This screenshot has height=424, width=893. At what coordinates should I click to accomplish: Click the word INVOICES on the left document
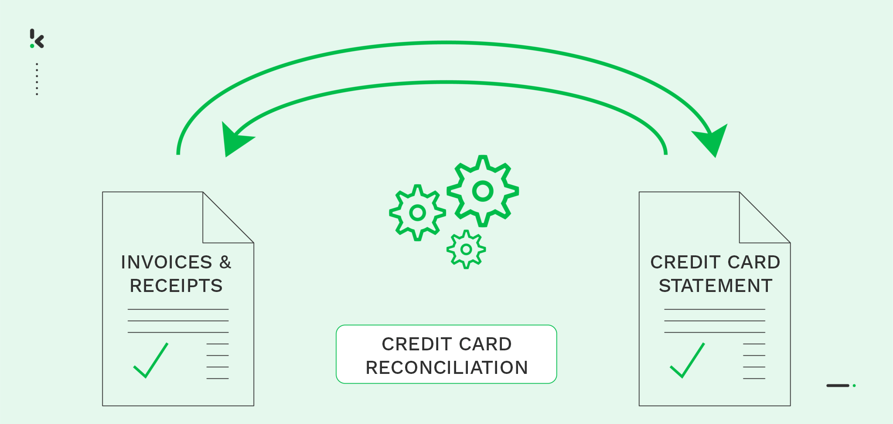tap(167, 262)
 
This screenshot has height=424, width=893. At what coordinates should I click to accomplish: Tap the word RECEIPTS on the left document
tap(176, 286)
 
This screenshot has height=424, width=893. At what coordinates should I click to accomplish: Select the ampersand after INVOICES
tap(225, 262)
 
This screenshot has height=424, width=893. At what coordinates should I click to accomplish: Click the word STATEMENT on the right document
tap(716, 286)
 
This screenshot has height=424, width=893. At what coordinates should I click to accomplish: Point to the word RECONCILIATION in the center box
tap(446, 367)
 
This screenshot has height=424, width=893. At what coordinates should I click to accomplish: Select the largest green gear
tap(483, 191)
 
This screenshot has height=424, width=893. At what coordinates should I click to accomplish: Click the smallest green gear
tap(466, 249)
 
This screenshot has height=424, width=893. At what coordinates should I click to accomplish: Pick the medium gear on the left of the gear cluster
tap(417, 213)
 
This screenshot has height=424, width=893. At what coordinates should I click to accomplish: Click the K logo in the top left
tap(37, 38)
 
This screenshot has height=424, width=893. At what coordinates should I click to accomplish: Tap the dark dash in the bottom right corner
tap(838, 386)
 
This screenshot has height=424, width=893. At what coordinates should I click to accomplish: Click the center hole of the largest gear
tap(483, 191)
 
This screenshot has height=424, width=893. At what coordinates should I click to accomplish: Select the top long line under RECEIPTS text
tap(178, 309)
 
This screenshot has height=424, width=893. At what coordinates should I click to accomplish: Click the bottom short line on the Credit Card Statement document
tap(754, 378)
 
